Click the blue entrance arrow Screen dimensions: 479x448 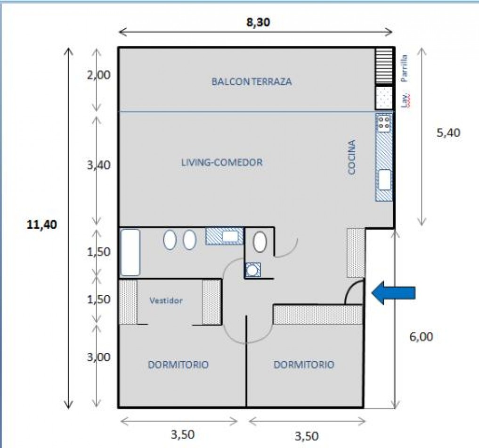point(393,293)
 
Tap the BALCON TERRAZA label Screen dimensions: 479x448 point(252,82)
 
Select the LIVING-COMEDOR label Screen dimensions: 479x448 point(222,162)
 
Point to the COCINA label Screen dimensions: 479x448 point(352,157)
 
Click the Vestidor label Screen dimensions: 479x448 point(166,300)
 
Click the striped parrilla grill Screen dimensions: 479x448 point(384,66)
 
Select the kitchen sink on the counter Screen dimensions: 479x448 point(385,180)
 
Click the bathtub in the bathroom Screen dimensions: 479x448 point(130,252)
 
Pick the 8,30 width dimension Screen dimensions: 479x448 point(259,22)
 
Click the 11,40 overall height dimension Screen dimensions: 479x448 point(42,225)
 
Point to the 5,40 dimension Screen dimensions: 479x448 point(448,133)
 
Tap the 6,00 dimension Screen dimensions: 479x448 point(421,337)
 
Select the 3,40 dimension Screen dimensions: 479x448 point(98,165)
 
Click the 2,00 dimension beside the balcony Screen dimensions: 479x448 point(98,75)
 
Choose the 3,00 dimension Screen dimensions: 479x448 point(98,357)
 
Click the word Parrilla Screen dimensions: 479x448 point(405,68)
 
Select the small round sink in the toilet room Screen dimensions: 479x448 point(252,270)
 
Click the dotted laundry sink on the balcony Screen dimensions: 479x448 point(384,98)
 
